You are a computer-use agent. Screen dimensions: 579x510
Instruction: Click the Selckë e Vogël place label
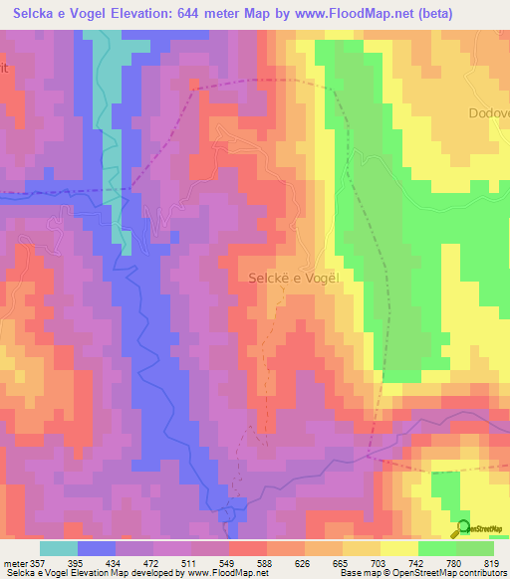[x=294, y=280]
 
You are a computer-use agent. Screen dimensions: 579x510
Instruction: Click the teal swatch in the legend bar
[x=59, y=548]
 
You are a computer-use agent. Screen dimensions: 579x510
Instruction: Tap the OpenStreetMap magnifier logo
[x=461, y=527]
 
